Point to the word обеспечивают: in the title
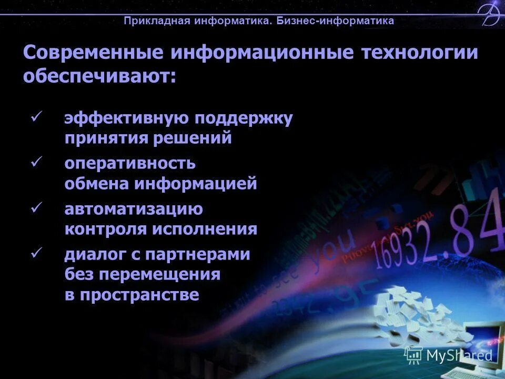coord(99,76)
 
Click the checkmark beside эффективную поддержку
coord(37,117)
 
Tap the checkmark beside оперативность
coord(37,163)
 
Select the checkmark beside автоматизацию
coord(37,208)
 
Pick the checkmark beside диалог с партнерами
coord(37,253)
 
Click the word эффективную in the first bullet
coord(126,118)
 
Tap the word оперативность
coord(130,163)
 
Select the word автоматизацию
coord(134,209)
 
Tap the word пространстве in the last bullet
coord(139,294)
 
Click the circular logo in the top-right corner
coord(491,14)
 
